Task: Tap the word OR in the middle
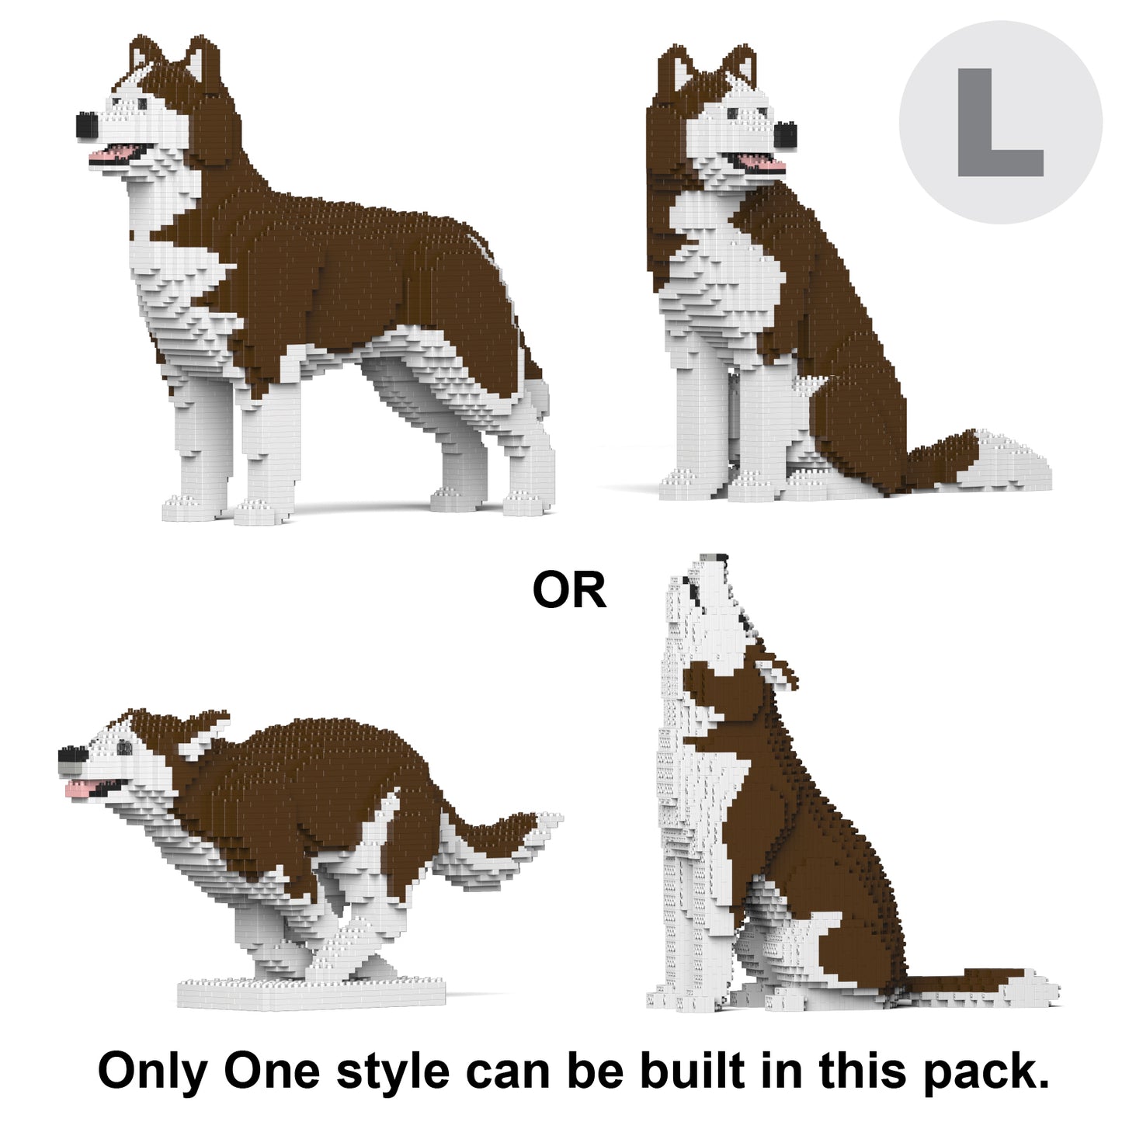(x=569, y=590)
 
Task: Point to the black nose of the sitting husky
(x=785, y=136)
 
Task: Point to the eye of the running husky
(x=124, y=747)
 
